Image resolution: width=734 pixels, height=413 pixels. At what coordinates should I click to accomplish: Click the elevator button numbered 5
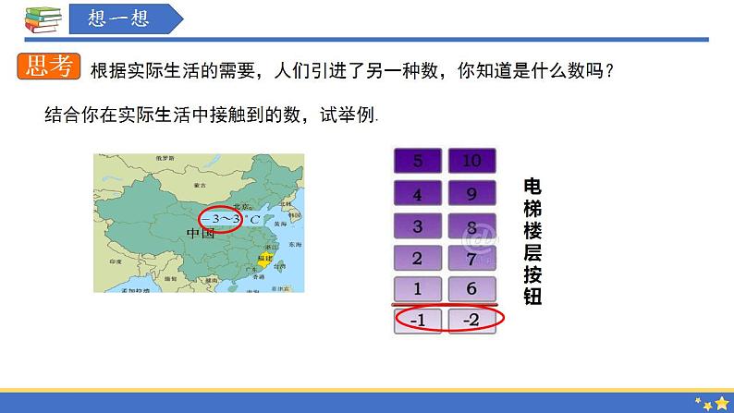418,161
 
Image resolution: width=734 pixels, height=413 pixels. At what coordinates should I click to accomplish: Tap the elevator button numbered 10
471,161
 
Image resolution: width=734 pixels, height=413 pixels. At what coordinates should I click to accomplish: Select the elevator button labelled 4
418,194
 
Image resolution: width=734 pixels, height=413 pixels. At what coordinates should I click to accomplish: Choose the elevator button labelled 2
418,257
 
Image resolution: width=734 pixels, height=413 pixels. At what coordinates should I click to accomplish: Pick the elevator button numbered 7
471,257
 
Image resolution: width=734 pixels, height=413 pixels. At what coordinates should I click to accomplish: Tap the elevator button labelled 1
418,288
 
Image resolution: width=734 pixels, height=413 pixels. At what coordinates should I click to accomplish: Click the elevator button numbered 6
471,288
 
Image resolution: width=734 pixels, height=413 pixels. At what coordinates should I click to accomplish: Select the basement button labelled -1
418,321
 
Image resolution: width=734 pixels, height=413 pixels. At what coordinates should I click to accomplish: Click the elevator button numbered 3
418,225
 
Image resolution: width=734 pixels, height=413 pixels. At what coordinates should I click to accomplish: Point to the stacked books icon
37,18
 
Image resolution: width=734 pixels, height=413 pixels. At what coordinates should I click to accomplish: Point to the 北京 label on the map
242,207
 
